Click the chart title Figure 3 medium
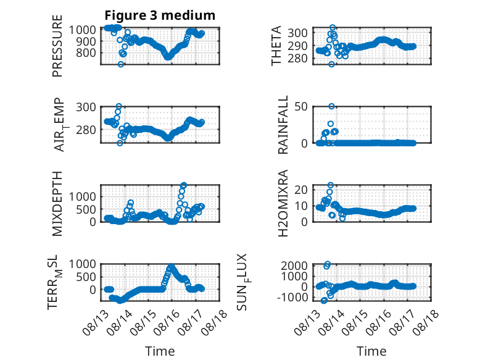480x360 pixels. [160, 15]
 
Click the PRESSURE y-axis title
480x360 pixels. [57, 46]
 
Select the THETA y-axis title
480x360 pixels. [276, 46]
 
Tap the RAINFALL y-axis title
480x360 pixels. [283, 125]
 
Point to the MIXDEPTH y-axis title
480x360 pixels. [57, 204]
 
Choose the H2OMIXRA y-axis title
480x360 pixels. [283, 203]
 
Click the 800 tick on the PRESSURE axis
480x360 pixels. [86, 52]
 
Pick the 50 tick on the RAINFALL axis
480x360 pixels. [301, 107]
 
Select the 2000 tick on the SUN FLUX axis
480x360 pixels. [294, 266]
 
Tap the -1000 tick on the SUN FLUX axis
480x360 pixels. [292, 297]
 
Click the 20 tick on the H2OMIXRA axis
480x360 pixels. [301, 190]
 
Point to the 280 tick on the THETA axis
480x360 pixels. [297, 58]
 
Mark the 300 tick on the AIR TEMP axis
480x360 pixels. [86, 107]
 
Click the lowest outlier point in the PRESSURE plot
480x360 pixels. [121, 64]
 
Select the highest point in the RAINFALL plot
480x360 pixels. [331, 106]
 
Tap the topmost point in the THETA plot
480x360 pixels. [333, 28]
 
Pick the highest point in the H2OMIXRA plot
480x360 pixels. [331, 185]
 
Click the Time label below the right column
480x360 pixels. [371, 351]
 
